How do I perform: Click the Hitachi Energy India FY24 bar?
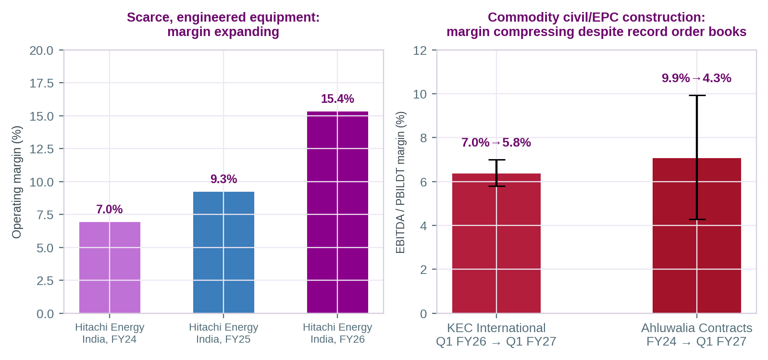click(x=110, y=267)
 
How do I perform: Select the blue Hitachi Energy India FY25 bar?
click(x=223, y=252)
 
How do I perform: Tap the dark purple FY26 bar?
click(x=337, y=212)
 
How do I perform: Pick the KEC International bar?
click(x=496, y=243)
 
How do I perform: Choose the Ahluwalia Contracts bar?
click(x=697, y=236)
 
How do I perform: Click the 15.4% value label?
click(x=337, y=99)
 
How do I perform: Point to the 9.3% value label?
click(x=223, y=179)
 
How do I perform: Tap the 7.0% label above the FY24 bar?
click(x=110, y=209)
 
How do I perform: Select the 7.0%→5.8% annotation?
click(x=496, y=142)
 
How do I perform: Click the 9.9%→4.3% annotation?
click(x=696, y=78)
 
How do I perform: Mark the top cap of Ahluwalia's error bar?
click(x=697, y=95)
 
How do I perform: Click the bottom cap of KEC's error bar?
click(x=496, y=186)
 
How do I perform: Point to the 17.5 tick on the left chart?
click(x=41, y=83)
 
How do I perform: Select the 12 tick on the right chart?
click(x=420, y=50)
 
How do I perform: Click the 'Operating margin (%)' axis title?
click(x=16, y=182)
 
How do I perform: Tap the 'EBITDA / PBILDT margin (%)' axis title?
click(x=400, y=182)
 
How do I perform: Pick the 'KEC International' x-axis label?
click(x=496, y=328)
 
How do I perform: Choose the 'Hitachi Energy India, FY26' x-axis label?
click(x=337, y=333)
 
